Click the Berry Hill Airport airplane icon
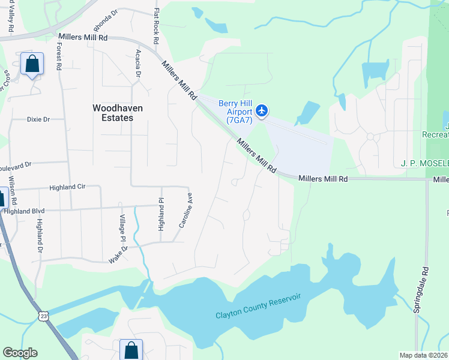tap(261, 110)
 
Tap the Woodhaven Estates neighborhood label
tap(112, 113)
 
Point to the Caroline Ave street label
tap(185, 210)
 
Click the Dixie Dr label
tap(38, 119)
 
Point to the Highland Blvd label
tap(25, 211)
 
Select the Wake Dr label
tap(118, 254)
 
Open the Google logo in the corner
tap(20, 353)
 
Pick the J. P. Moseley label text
tap(424, 163)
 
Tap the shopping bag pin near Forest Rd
tap(32, 64)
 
